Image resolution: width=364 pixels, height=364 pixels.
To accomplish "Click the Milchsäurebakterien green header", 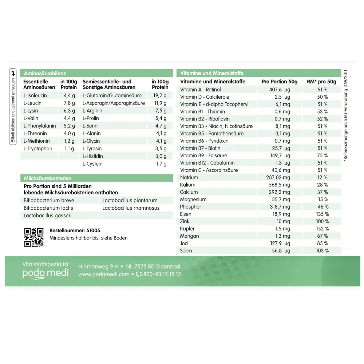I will [x=47, y=178].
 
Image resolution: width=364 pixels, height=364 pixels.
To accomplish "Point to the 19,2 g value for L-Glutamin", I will [x=160, y=95].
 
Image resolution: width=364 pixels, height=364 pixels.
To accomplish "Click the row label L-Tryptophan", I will [x=38, y=149].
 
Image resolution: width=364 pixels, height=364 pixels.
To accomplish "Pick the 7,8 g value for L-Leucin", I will [x=69, y=103].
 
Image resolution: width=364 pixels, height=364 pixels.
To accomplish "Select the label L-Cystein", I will [x=92, y=164].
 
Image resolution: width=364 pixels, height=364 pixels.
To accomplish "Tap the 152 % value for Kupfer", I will [x=323, y=229].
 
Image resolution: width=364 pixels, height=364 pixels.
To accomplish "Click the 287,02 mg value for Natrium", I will [x=279, y=177].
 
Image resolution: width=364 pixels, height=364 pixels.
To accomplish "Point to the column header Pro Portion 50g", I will [x=279, y=82].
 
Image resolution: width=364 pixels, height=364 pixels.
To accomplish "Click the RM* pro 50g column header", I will [x=321, y=82].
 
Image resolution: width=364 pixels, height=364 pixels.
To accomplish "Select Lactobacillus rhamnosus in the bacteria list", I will [x=131, y=208].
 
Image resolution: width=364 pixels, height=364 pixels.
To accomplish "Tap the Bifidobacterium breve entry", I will [x=49, y=200].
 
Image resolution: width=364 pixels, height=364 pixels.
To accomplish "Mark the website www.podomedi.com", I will [x=104, y=274].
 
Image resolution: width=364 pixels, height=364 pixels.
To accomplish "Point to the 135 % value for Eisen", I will [x=323, y=214].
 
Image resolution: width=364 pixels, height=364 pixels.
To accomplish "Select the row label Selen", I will [x=186, y=250].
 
